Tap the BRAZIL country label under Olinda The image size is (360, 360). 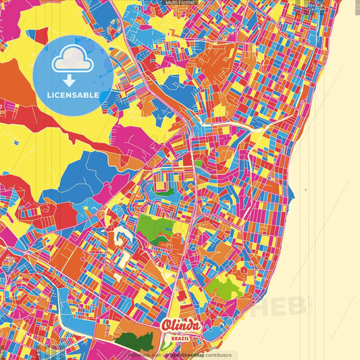tap(180, 336)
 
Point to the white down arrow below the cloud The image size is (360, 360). tap(70, 81)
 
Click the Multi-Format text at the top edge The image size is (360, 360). tap(179, 3)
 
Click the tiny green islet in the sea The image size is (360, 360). tap(305, 190)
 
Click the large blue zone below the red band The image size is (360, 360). tap(84, 176)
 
